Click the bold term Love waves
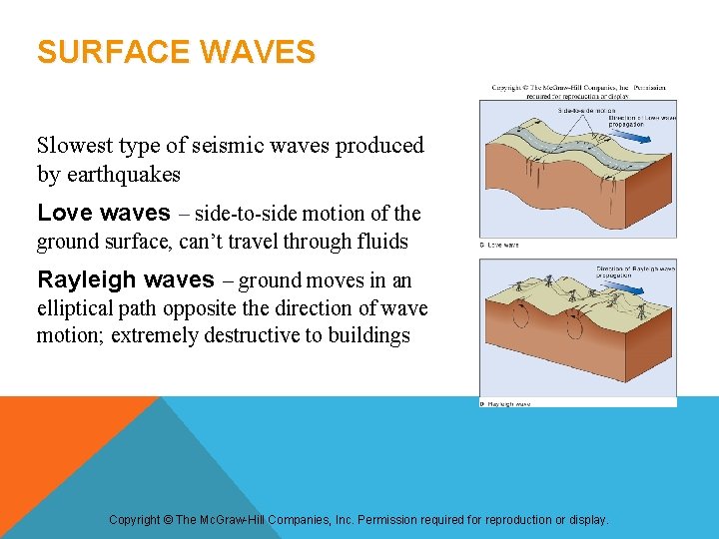coord(103,214)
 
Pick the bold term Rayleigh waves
coord(125,280)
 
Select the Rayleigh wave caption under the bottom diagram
coord(507,404)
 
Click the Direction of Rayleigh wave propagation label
coord(635,270)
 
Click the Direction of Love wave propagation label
coord(642,121)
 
